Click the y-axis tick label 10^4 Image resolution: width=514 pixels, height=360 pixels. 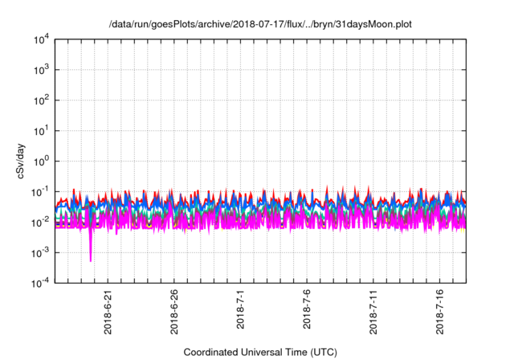(x=40, y=39)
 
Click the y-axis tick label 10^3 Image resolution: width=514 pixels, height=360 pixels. (x=40, y=69)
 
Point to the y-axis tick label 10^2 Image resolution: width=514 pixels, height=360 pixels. (x=40, y=100)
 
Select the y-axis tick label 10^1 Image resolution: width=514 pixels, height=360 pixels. (x=40, y=130)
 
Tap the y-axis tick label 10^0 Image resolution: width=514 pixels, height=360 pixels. (x=40, y=161)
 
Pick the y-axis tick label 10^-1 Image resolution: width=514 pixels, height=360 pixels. (x=39, y=191)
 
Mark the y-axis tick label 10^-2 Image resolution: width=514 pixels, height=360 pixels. (x=39, y=222)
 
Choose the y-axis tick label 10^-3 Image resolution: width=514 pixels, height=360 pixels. (x=39, y=252)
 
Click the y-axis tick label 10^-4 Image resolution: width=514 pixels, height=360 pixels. (x=39, y=283)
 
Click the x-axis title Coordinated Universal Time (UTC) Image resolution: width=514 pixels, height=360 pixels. (x=259, y=352)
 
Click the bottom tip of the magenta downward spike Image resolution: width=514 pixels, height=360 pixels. (x=91, y=260)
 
